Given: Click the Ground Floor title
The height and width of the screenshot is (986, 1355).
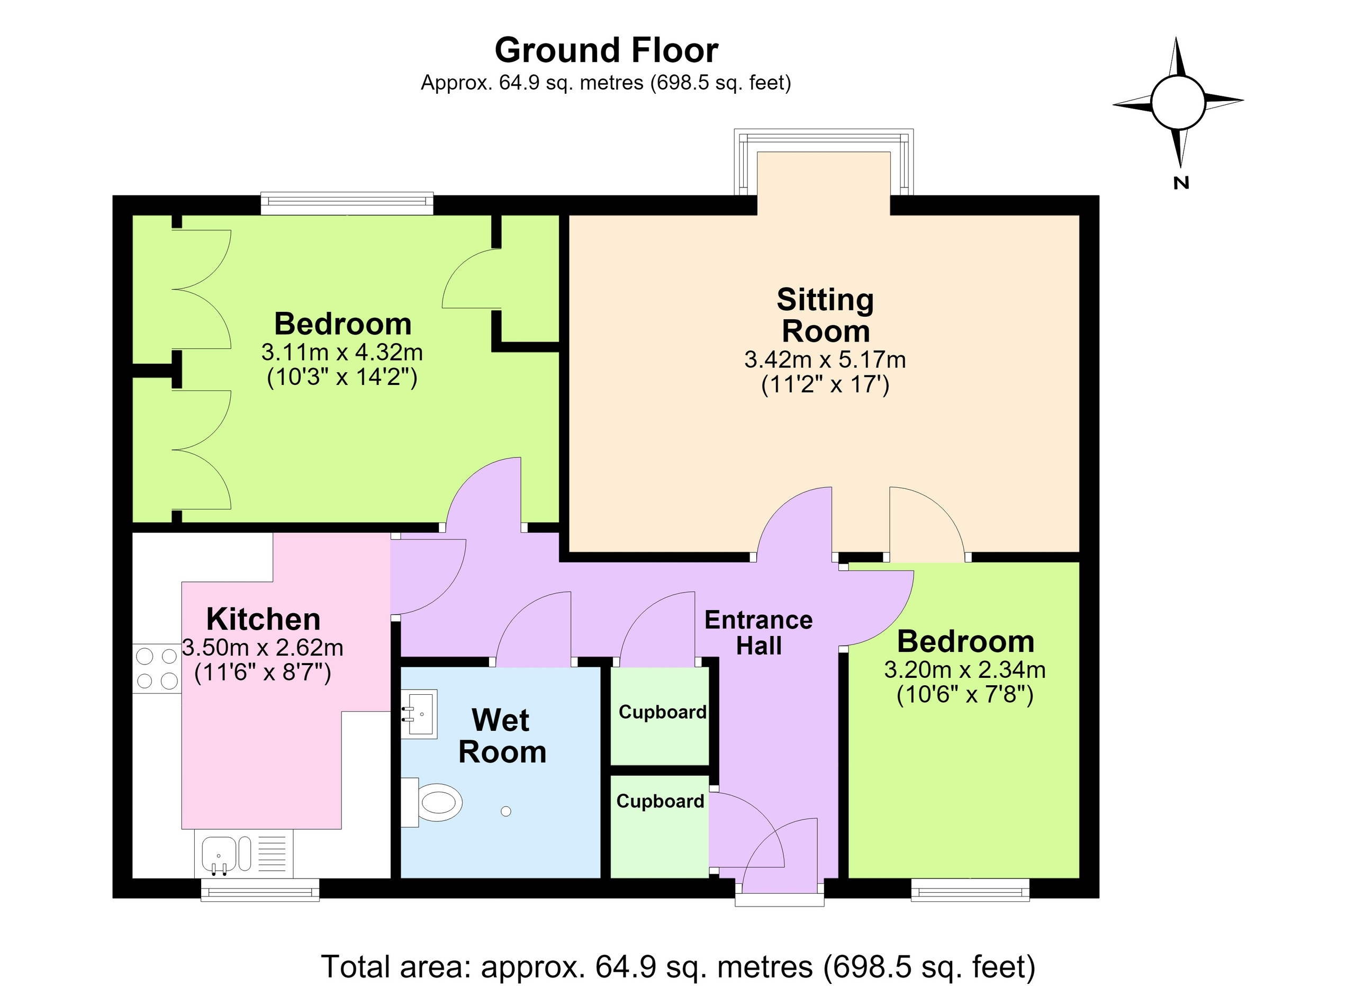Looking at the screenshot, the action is coord(606,50).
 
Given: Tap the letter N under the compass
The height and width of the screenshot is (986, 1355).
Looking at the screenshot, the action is coord(1181,183).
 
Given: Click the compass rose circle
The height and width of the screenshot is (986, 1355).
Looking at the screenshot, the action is coord(1178,102).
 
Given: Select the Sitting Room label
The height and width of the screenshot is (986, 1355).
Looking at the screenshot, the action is coord(826,315).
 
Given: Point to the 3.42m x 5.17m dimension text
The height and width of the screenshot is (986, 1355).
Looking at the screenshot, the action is coord(825,360).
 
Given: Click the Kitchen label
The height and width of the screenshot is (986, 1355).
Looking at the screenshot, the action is coord(264,619).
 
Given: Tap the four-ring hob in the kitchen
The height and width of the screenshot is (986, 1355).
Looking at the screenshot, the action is coord(157,669).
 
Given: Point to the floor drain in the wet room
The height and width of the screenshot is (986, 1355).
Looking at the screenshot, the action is coord(506,811).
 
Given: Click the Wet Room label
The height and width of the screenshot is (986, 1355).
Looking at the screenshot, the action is coord(502,736).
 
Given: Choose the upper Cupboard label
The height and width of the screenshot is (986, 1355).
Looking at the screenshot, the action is coord(663,712).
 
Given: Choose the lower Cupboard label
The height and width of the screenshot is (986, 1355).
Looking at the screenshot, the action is coord(660,801).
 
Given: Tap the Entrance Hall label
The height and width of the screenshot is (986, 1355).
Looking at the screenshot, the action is coord(759,633).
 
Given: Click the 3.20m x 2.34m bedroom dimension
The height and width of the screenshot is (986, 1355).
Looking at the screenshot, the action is coord(965,670).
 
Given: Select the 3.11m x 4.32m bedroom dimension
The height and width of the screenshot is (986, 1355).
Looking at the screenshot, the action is coord(342,353).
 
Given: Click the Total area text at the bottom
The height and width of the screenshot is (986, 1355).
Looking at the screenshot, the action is coord(678,966).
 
